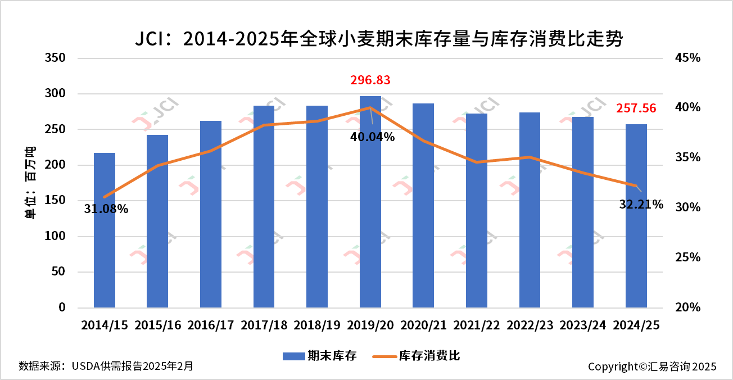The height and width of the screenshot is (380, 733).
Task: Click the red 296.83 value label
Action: tap(370, 80)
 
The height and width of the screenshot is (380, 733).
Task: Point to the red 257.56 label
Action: tap(636, 108)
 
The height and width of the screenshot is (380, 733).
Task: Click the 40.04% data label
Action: tap(373, 137)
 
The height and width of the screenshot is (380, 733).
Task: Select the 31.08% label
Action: tap(106, 209)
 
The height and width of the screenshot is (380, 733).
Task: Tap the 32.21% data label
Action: tap(641, 205)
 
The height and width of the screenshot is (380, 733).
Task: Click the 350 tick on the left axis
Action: tap(55, 58)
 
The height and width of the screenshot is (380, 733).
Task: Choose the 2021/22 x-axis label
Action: tap(477, 325)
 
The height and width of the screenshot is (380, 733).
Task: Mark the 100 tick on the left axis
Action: tap(55, 237)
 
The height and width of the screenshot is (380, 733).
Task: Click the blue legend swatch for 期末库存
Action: tap(292, 356)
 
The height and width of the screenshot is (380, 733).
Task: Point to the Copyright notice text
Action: tap(652, 367)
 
